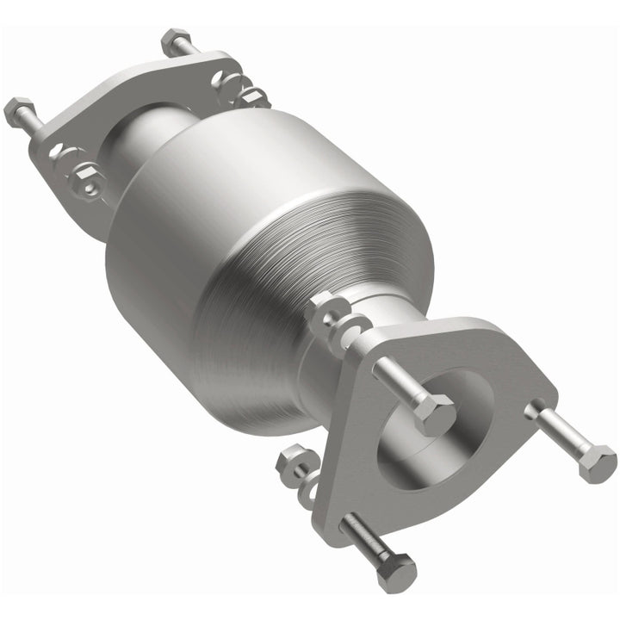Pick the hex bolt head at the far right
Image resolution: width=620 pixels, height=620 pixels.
pyautogui.click(x=596, y=462)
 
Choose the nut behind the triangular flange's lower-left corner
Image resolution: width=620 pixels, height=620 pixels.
pyautogui.click(x=292, y=466)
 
